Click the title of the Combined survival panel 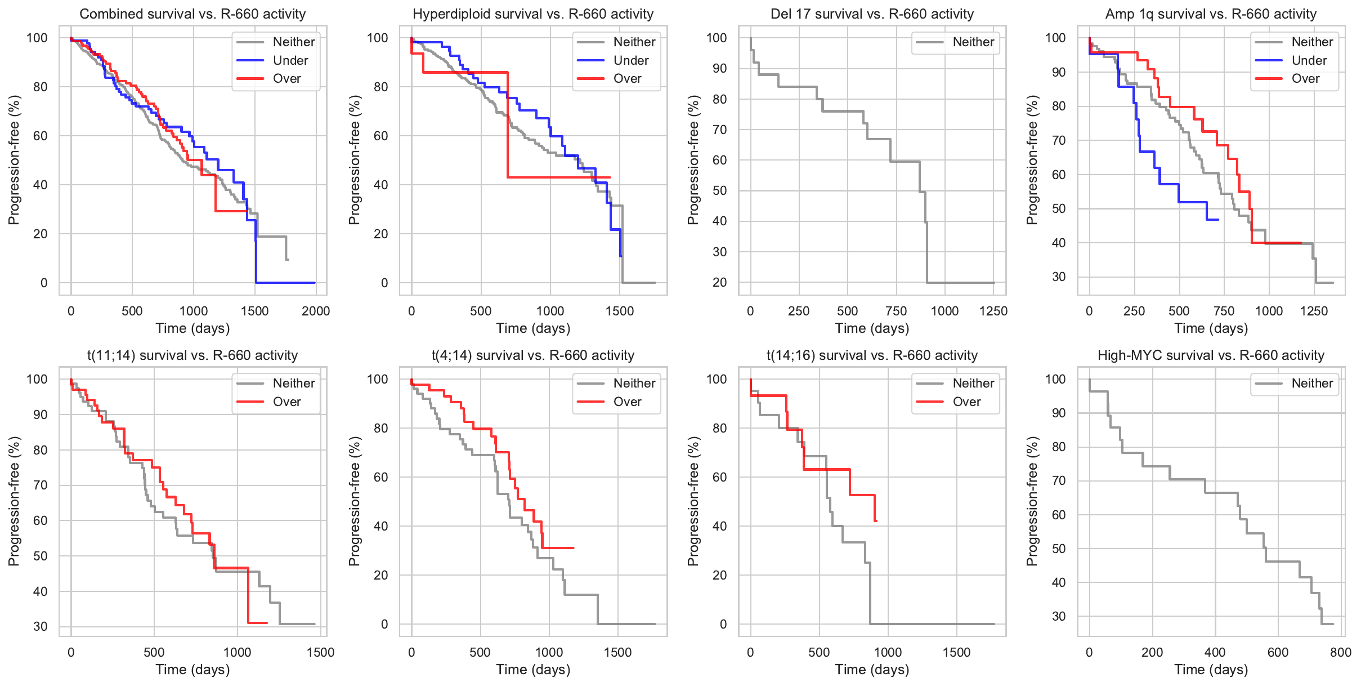pos(192,14)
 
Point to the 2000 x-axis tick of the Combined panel pos(316,311)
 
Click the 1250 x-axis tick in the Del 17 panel pos(993,311)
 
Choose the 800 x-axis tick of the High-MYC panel pos(1341,652)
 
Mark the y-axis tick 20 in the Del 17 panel pos(719,282)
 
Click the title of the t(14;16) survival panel pos(872,355)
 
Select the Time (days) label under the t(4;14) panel pos(533,670)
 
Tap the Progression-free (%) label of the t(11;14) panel pos(14,501)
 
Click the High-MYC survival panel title pos(1211,355)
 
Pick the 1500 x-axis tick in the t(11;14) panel pos(320,652)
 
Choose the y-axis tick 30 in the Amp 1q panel pos(1059,277)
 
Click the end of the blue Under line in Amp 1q pos(1218,220)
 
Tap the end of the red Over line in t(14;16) pos(876,521)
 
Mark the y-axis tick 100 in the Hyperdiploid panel pos(378,38)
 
